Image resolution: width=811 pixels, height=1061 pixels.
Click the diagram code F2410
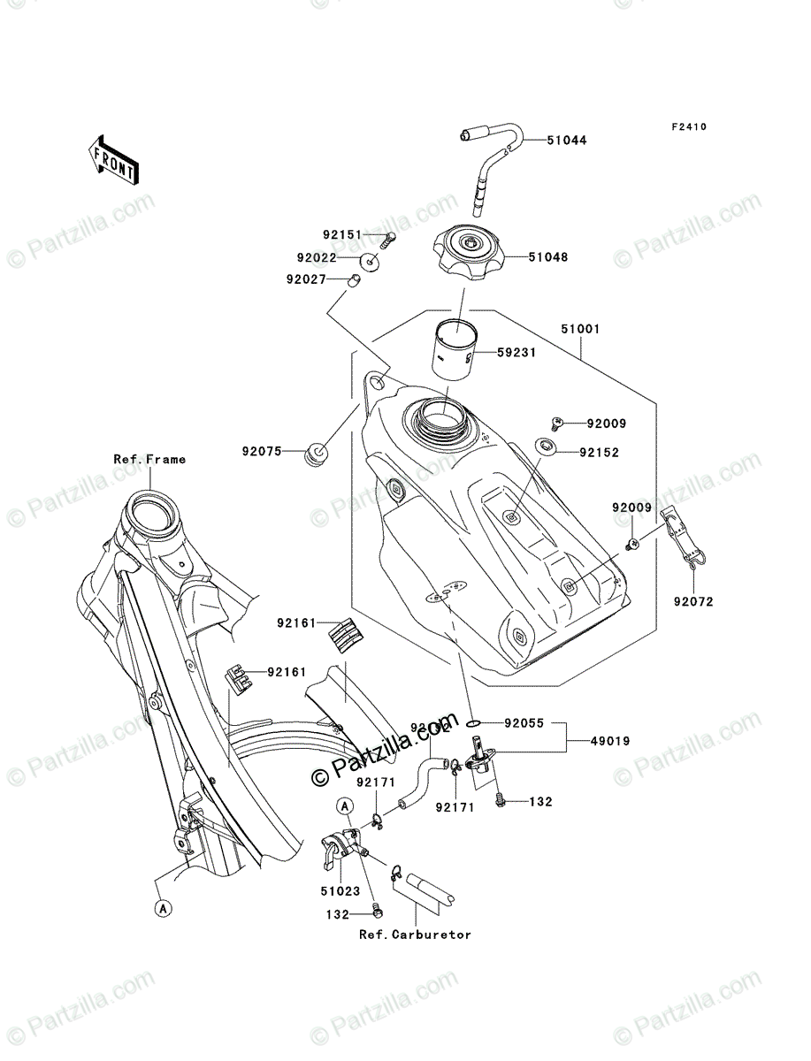tap(688, 127)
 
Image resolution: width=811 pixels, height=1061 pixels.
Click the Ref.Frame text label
tap(149, 459)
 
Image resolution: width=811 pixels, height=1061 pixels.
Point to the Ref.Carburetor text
tap(415, 934)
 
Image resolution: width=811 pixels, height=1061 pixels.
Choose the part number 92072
tap(692, 601)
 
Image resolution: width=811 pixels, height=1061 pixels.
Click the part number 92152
tap(600, 452)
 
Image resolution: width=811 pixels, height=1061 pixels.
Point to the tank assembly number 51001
tap(580, 329)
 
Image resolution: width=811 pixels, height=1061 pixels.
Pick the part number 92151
tap(341, 236)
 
